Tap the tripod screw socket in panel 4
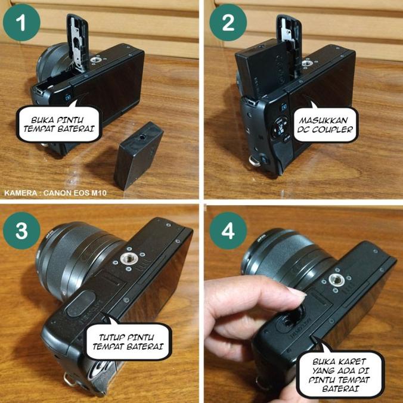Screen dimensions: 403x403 [337, 280]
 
